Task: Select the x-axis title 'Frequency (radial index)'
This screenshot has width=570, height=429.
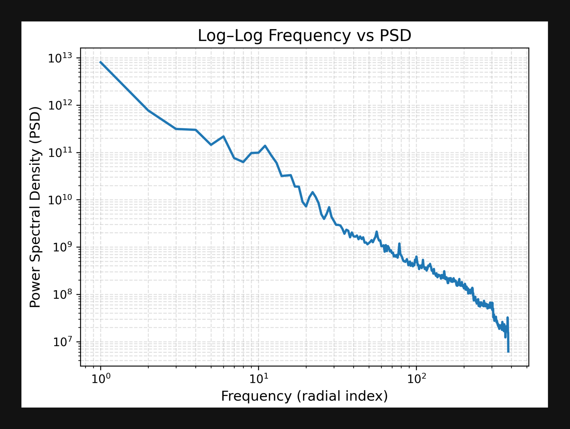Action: [304, 396]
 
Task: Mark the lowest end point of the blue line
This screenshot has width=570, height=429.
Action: [508, 352]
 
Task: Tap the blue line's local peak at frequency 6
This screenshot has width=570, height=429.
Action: [223, 136]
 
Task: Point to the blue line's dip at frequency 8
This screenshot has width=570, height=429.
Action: [243, 162]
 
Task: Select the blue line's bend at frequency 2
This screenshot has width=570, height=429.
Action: [148, 110]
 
